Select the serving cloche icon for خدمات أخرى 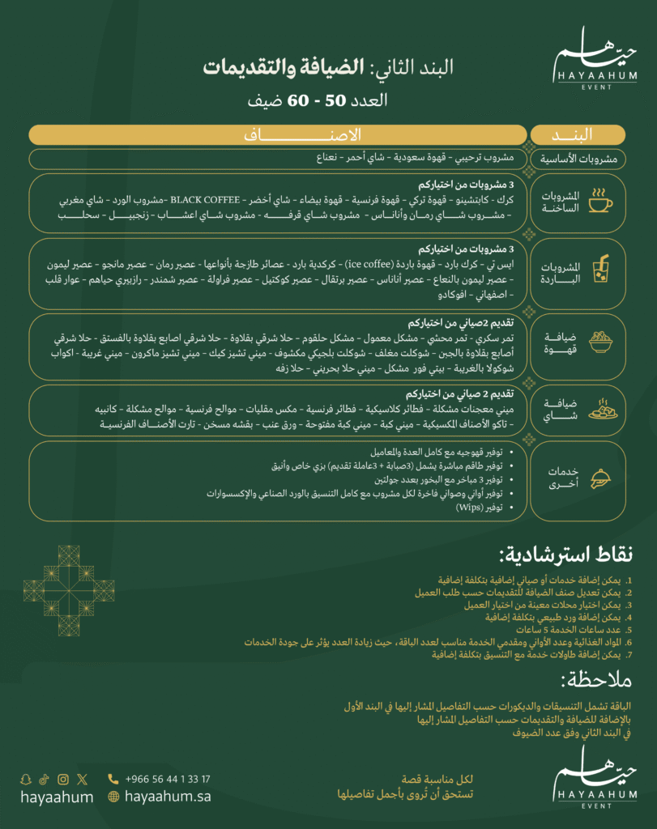pyautogui.click(x=600, y=477)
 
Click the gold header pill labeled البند pyautogui.click(x=577, y=134)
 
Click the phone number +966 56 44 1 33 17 pyautogui.click(x=168, y=779)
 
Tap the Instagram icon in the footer pyautogui.click(x=63, y=779)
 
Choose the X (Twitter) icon pyautogui.click(x=82, y=779)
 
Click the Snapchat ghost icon pyautogui.click(x=26, y=779)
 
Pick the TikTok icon pyautogui.click(x=45, y=779)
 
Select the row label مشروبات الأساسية pyautogui.click(x=578, y=159)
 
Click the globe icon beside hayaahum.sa pyautogui.click(x=113, y=797)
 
